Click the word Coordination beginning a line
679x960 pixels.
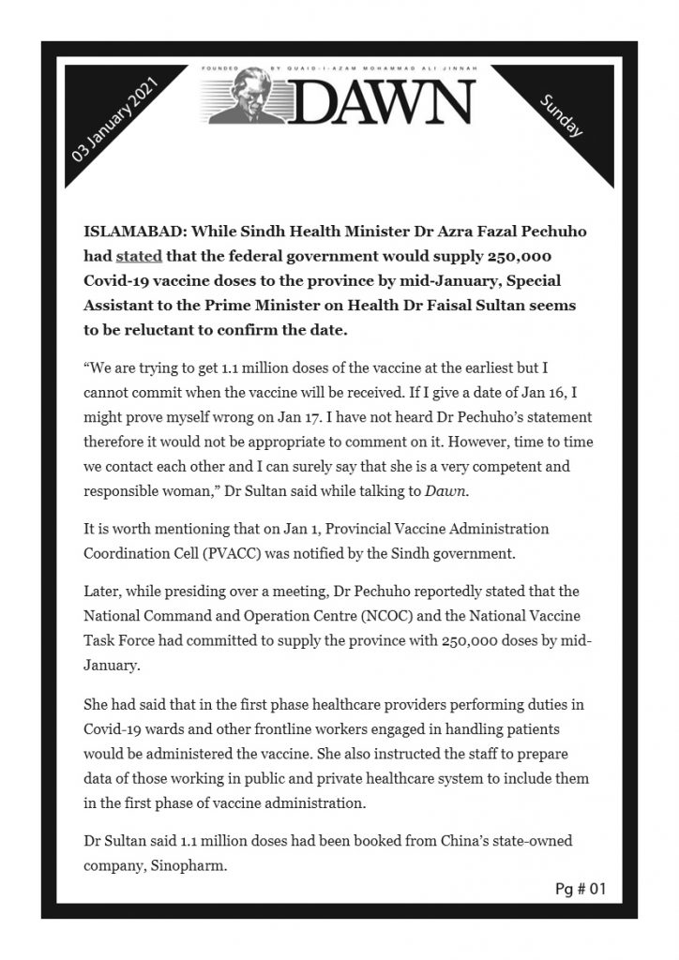[x=128, y=553]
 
